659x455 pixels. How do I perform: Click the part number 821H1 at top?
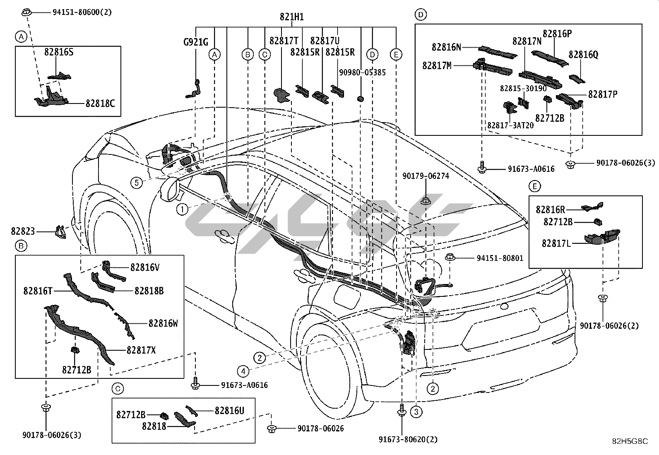(291, 17)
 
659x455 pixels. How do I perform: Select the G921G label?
(196, 42)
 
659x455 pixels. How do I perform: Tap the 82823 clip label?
(23, 232)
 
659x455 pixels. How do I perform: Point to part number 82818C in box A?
(100, 104)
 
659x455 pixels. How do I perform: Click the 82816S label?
(59, 53)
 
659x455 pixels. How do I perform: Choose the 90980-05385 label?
(362, 72)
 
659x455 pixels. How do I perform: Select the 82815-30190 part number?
(523, 89)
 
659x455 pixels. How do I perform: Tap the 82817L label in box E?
(556, 243)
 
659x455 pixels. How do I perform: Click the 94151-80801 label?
(500, 258)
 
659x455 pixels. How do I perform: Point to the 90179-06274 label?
(426, 176)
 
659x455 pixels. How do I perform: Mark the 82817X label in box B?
(141, 350)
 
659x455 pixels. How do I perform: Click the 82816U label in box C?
(229, 410)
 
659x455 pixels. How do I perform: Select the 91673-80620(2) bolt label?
(408, 439)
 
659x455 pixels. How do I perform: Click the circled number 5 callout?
(136, 182)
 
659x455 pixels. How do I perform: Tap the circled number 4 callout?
(243, 371)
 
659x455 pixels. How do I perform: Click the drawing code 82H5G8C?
(630, 441)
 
